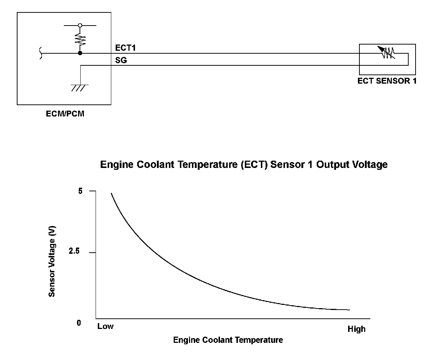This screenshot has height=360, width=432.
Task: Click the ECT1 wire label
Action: tap(125, 48)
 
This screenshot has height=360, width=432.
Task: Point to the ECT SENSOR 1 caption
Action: tap(387, 81)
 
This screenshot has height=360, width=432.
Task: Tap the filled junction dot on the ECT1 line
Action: tap(80, 53)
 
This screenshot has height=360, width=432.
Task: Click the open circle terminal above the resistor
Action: tap(80, 26)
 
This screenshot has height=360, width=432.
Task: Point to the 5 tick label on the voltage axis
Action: tap(80, 191)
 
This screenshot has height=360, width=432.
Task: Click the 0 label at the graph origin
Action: tap(79, 323)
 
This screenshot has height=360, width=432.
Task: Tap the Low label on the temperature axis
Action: tap(105, 326)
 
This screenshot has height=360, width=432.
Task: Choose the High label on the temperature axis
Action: tap(356, 329)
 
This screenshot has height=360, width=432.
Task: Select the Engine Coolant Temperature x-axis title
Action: tap(228, 340)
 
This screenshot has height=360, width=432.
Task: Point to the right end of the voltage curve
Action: tap(349, 310)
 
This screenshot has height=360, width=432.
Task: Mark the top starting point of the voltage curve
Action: tap(111, 193)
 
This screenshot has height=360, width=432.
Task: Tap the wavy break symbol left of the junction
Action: tap(40, 53)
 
